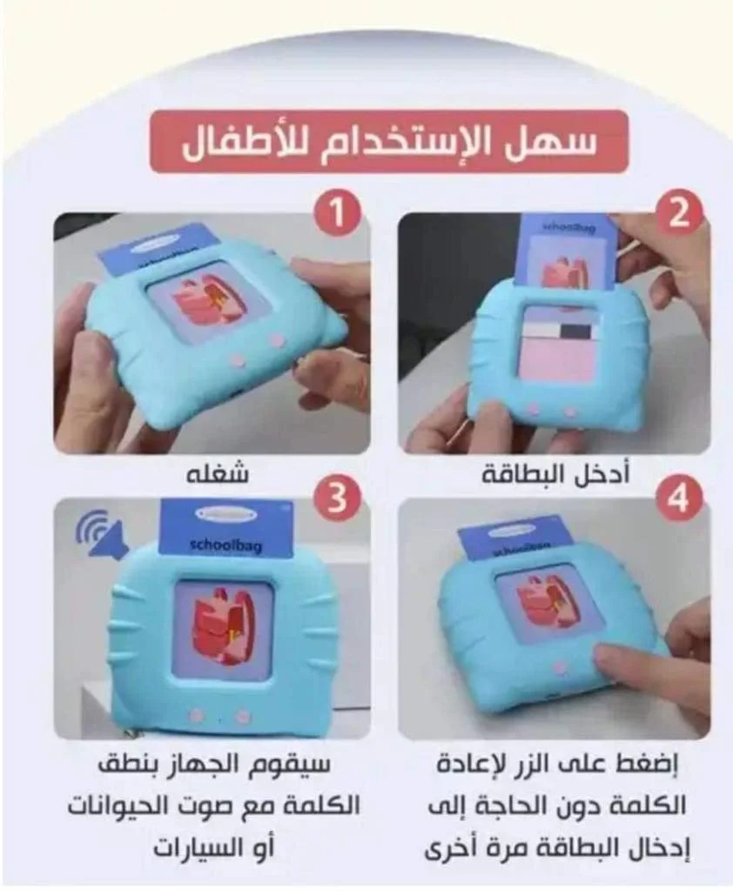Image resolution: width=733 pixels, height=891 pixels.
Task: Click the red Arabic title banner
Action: click(388, 142)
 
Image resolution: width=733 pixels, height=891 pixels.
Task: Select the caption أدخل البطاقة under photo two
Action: click(555, 475)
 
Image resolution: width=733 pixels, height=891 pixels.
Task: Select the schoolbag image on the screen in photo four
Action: click(547, 600)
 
